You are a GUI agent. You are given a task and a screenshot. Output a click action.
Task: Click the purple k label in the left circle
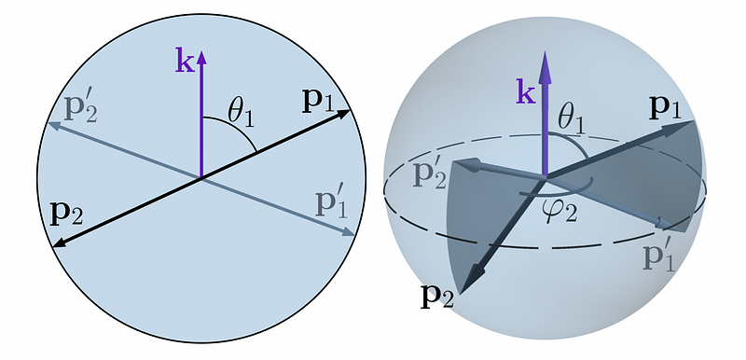click(x=185, y=60)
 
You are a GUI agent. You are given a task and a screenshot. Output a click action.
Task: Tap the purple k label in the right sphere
click(x=526, y=92)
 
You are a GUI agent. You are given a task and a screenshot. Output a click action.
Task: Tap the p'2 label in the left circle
click(x=81, y=110)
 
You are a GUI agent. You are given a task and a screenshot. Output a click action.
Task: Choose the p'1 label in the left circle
click(x=332, y=205)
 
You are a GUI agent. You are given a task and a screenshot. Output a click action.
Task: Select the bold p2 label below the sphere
click(x=436, y=298)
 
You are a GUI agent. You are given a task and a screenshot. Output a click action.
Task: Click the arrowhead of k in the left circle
click(x=201, y=58)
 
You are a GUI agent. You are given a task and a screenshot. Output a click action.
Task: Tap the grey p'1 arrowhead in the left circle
click(x=349, y=232)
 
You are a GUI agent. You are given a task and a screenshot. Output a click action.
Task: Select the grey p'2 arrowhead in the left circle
click(x=54, y=126)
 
